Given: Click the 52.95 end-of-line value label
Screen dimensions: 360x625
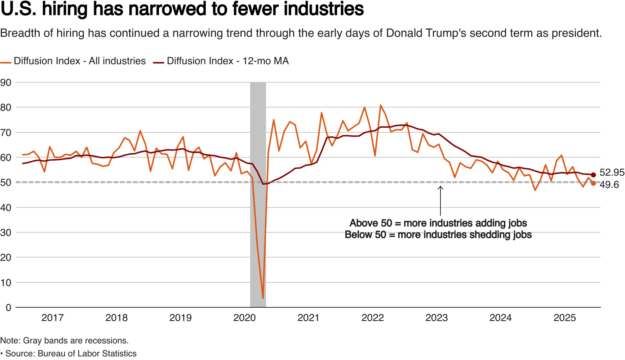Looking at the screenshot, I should (x=612, y=172).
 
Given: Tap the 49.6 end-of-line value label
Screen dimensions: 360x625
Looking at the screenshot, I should (x=609, y=185).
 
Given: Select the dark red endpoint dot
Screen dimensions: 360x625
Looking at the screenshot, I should (x=593, y=175).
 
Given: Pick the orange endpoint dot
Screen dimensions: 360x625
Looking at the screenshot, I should (x=593, y=183).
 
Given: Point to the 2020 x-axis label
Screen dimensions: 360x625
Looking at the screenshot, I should (x=244, y=318).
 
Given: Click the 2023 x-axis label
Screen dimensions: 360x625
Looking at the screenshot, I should (x=436, y=318).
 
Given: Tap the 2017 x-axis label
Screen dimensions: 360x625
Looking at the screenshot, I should (x=53, y=318).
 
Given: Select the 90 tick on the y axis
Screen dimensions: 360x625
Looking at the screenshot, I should (x=6, y=83).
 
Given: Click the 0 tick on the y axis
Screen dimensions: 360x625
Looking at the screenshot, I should (x=8, y=308).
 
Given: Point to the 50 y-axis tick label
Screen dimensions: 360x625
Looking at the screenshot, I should (x=6, y=183).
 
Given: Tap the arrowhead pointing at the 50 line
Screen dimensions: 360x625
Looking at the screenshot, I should (x=440, y=187).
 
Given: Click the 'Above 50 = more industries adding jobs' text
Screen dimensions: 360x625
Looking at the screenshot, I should (x=438, y=223).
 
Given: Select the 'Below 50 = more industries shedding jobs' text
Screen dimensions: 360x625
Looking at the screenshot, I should (x=438, y=235).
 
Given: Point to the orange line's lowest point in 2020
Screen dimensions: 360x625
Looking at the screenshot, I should (x=263, y=298).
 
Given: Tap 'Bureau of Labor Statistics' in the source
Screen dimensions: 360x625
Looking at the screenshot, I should (x=87, y=354).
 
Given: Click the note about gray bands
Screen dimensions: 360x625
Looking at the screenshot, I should (x=64, y=341).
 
